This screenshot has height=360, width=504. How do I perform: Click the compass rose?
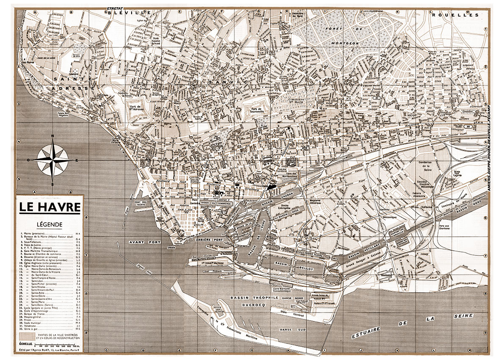(x=52, y=160)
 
